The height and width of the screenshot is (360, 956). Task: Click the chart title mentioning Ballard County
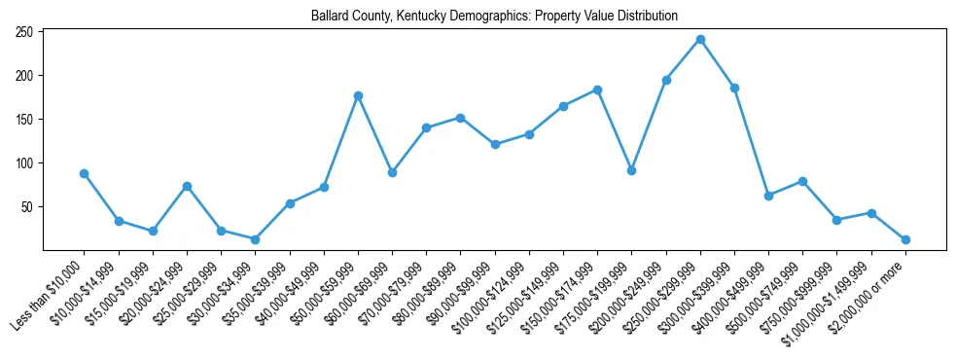pyautogui.click(x=494, y=17)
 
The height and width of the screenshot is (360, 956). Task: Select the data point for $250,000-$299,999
pyautogui.click(x=700, y=39)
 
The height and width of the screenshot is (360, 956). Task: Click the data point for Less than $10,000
pyautogui.click(x=84, y=173)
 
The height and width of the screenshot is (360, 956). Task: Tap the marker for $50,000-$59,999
pyautogui.click(x=358, y=95)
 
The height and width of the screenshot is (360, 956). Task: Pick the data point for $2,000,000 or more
pyautogui.click(x=905, y=239)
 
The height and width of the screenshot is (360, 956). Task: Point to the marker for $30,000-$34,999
pyautogui.click(x=255, y=239)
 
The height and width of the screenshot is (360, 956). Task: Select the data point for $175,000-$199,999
pyautogui.click(x=632, y=170)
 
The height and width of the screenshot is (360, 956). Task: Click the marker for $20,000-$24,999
pyautogui.click(x=187, y=186)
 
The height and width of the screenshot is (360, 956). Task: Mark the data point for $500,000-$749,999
pyautogui.click(x=802, y=181)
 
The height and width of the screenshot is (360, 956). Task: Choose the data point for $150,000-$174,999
pyautogui.click(x=597, y=90)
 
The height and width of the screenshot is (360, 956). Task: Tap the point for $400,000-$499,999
pyautogui.click(x=768, y=196)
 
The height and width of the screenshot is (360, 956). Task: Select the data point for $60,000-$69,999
pyautogui.click(x=392, y=172)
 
